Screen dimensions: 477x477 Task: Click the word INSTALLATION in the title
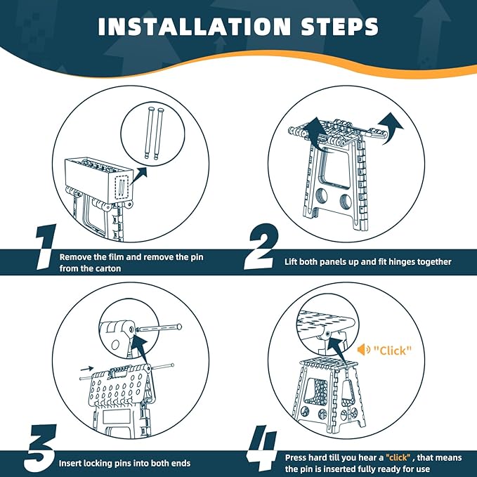pyautogui.click(x=195, y=27)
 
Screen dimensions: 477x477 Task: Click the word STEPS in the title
pyautogui.click(x=340, y=27)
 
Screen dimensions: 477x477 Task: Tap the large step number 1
pyautogui.click(x=46, y=247)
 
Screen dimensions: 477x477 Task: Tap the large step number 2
pyautogui.click(x=261, y=247)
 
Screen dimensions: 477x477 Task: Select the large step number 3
pyautogui.click(x=41, y=447)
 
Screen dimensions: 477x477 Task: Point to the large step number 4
pyautogui.click(x=261, y=447)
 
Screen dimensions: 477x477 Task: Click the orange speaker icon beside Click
pyautogui.click(x=363, y=350)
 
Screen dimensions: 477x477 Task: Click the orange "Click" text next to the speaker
pyautogui.click(x=393, y=351)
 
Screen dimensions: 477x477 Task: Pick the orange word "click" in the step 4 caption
pyautogui.click(x=398, y=457)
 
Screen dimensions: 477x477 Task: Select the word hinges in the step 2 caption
pyautogui.click(x=396, y=262)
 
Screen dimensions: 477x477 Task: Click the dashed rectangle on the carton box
pyautogui.click(x=122, y=188)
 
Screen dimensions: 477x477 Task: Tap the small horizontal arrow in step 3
pyautogui.click(x=87, y=369)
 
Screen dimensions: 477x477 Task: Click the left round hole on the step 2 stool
pyautogui.click(x=321, y=196)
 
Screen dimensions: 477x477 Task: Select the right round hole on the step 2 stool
pyautogui.click(x=346, y=202)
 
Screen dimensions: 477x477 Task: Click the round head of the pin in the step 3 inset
pyautogui.click(x=179, y=327)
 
